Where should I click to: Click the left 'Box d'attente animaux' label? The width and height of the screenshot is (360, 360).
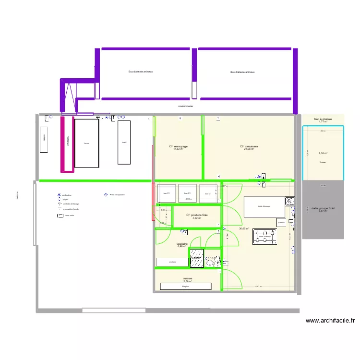[140, 72]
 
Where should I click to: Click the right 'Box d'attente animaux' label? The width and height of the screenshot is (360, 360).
[242, 72]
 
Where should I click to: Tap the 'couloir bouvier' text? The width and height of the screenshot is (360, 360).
[185, 107]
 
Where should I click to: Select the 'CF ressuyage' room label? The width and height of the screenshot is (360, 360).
[178, 147]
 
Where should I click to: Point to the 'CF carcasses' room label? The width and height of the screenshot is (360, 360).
[249, 147]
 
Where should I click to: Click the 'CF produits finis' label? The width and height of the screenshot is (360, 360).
[197, 216]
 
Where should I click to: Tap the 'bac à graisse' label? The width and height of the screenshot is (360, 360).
[323, 119]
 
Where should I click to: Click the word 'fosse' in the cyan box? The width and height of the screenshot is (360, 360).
[323, 162]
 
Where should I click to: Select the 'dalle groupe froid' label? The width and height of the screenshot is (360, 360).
[323, 209]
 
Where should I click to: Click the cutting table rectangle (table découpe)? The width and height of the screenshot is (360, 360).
[264, 207]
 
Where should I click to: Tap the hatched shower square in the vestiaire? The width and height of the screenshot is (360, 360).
[196, 258]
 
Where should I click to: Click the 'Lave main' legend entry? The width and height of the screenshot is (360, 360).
[69, 216]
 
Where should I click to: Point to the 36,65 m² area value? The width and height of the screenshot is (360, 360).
[244, 229]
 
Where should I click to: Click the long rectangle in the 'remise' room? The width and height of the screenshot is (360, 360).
[185, 286]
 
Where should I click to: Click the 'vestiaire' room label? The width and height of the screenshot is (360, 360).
[181, 244]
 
